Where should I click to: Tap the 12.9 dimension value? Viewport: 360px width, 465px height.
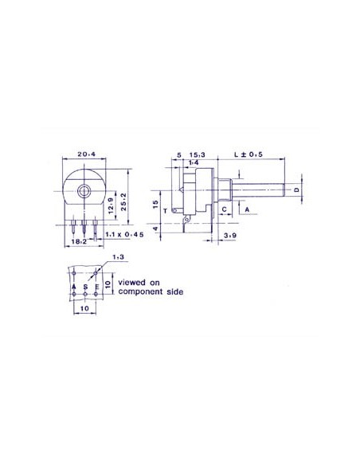pos(110,210)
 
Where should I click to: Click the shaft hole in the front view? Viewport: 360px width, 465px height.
pos(84,191)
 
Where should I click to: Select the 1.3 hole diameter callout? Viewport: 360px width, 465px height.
pos(119,257)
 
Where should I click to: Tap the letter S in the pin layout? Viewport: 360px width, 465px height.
pos(85,285)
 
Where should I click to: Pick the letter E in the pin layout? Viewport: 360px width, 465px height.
pos(96,285)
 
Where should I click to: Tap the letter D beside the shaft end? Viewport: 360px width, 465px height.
pos(296,190)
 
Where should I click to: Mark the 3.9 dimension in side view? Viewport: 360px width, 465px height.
pos(229,236)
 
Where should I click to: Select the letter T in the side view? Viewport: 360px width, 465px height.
pos(165,212)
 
